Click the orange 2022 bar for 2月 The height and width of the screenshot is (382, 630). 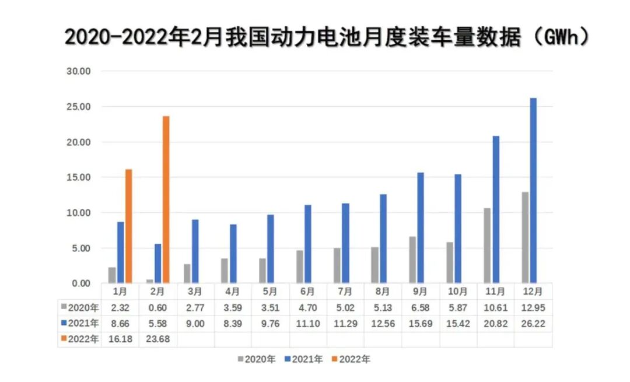click(x=166, y=199)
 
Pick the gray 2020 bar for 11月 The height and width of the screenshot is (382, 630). click(x=487, y=246)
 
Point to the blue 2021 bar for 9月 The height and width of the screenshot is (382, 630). click(x=421, y=228)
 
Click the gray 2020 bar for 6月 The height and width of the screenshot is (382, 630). click(x=299, y=267)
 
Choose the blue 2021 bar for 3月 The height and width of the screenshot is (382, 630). click(x=195, y=251)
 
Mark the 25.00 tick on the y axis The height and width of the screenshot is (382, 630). click(x=79, y=107)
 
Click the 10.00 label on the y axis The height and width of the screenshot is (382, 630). click(x=79, y=213)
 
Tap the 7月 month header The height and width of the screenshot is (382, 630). click(x=345, y=291)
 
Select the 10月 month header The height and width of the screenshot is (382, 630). click(x=457, y=291)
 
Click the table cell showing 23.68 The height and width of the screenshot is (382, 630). click(x=158, y=339)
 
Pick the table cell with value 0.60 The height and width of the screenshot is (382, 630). click(x=158, y=307)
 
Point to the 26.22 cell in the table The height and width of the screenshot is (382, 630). click(x=533, y=323)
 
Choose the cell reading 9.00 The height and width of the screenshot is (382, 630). click(x=195, y=323)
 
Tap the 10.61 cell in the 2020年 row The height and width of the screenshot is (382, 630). click(x=495, y=307)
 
